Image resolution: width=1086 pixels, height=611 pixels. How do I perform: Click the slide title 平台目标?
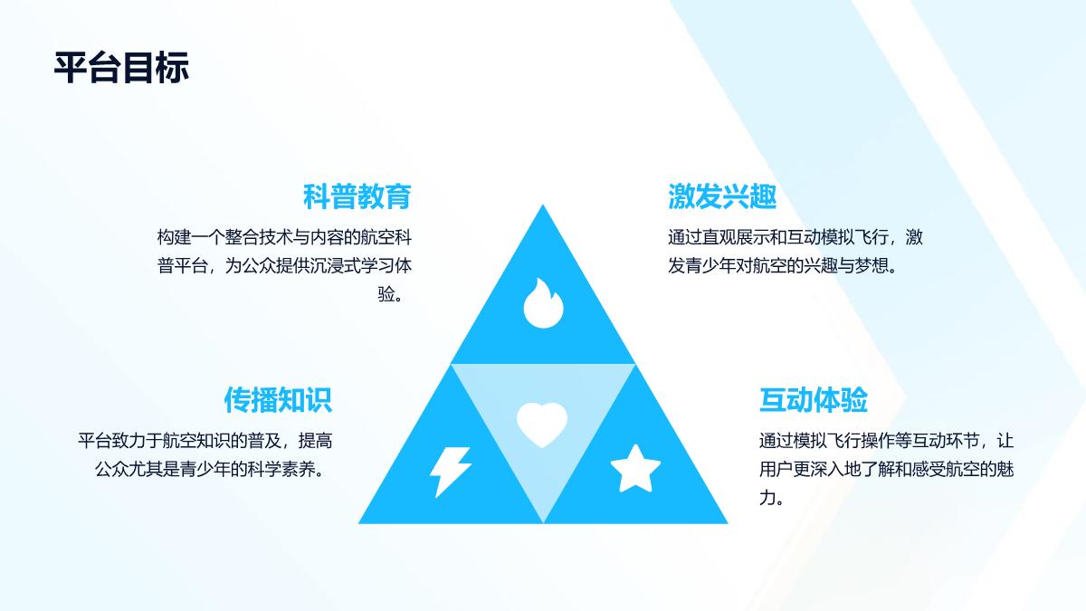pos(121,67)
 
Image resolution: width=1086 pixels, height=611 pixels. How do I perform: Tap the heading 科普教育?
pos(357,196)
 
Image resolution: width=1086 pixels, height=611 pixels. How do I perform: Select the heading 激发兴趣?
pos(722,196)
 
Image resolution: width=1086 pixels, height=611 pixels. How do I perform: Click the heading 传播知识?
pos(278,400)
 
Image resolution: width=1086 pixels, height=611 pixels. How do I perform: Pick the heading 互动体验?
pos(814,400)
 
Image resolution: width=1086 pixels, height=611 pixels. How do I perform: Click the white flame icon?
pos(544,303)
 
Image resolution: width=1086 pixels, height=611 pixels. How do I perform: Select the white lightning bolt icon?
pos(451,472)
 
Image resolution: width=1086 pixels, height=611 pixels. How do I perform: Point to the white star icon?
pos(635,469)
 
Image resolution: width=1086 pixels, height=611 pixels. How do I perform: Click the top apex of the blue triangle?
pos(543,205)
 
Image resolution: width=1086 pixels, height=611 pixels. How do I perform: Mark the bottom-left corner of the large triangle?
pos(358,523)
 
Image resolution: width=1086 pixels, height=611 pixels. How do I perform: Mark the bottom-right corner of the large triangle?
pos(728,523)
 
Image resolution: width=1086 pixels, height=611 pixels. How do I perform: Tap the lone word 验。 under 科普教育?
pos(391,294)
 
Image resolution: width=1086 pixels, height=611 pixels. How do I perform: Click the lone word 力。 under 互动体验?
pos(772,498)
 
